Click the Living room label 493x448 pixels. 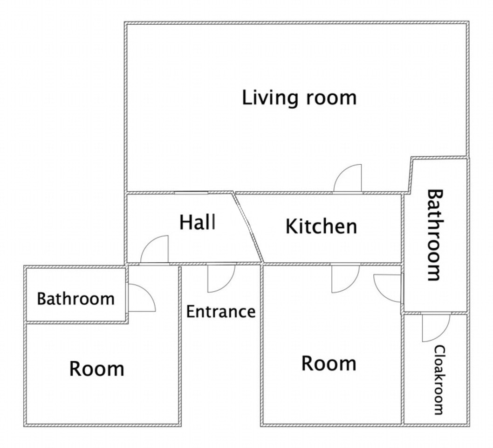[x=299, y=98]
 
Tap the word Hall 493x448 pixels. [x=198, y=222]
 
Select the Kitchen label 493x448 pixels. [x=322, y=226]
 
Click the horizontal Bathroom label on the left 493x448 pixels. [x=75, y=299]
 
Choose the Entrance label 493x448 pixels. [x=221, y=312]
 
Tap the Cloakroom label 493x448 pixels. [x=439, y=380]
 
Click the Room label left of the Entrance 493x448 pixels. [x=96, y=369]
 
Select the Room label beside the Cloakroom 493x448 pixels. [x=329, y=364]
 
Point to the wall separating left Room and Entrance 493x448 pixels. [x=180, y=346]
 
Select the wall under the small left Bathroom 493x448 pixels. [x=77, y=322]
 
